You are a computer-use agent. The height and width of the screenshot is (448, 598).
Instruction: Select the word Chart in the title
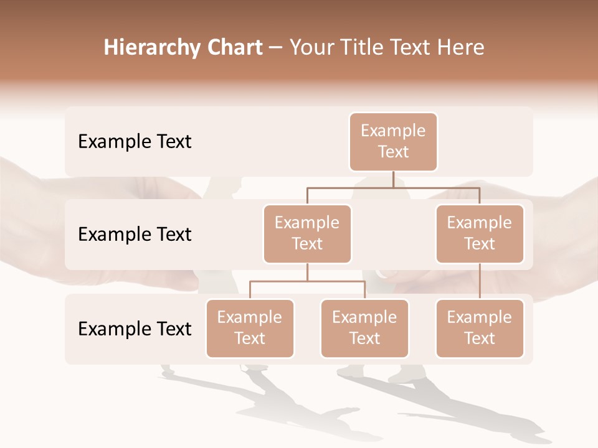[232, 48]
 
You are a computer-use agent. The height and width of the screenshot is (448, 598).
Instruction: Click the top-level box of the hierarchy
[393, 142]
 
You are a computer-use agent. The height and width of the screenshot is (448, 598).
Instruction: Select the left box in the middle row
[307, 234]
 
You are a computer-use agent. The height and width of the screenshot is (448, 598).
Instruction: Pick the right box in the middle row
[480, 234]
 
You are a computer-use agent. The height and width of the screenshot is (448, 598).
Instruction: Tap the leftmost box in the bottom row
[250, 329]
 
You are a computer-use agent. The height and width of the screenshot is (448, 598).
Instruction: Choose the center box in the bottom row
[364, 329]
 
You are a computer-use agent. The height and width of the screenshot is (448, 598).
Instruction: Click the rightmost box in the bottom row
[480, 329]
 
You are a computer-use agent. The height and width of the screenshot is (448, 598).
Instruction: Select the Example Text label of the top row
[135, 142]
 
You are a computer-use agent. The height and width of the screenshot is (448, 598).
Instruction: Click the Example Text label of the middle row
[135, 235]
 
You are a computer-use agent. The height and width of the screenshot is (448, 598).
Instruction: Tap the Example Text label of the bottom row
[135, 329]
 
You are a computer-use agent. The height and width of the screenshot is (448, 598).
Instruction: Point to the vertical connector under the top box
[393, 179]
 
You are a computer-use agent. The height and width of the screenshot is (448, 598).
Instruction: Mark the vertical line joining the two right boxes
[480, 281]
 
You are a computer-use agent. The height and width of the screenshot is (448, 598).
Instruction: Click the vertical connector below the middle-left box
[307, 272]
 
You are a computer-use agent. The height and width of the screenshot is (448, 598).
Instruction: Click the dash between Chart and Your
[276, 49]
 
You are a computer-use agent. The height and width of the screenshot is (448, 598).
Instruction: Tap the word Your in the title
[311, 48]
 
